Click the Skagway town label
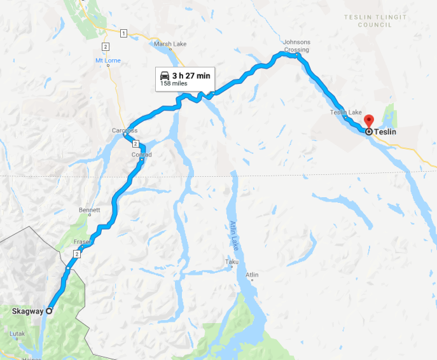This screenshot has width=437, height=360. pyautogui.click(x=27, y=311)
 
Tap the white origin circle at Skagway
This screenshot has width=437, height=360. pyautogui.click(x=48, y=311)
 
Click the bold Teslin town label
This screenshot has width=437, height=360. pyautogui.click(x=386, y=132)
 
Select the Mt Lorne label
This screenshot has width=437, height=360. pyautogui.click(x=108, y=61)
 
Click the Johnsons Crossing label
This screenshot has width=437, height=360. pyautogui.click(x=296, y=46)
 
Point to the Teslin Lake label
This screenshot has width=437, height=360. pyautogui.click(x=345, y=113)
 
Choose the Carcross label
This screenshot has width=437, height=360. pyautogui.click(x=124, y=131)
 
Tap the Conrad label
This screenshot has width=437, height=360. pyautogui.click(x=141, y=155)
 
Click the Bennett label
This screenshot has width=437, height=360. pyautogui.click(x=89, y=210)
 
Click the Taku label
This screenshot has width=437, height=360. pyautogui.click(x=231, y=261)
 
